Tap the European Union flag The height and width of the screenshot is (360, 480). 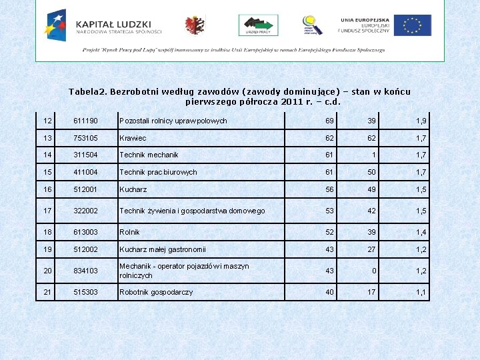[412, 25]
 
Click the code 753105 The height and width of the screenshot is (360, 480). [86, 138]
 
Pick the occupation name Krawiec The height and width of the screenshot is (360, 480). [133, 138]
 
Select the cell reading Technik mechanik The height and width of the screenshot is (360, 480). [149, 155]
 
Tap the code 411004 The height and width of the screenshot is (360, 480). [86, 172]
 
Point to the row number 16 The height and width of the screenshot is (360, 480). [47, 189]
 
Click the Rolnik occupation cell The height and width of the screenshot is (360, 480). [129, 232]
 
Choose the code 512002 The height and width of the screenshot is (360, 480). [86, 249]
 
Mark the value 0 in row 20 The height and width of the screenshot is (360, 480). [373, 271]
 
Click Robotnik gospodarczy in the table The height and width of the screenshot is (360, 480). [156, 292]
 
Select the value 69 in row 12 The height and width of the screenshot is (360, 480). [329, 121]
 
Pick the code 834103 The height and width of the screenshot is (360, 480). [86, 271]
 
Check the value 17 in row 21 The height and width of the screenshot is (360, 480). [371, 292]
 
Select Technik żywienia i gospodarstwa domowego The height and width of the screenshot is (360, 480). [192, 211]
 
